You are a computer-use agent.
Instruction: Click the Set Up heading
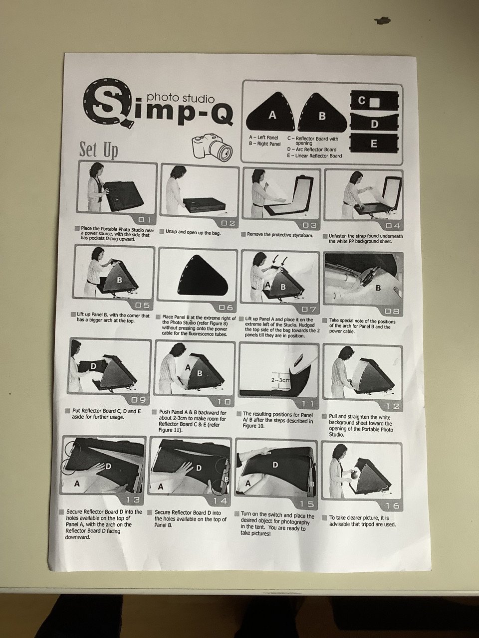pos(99,150)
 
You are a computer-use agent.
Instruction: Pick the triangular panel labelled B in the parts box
pos(322,113)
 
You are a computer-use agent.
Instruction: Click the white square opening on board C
pos(375,102)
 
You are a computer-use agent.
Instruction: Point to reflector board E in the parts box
pos(374,143)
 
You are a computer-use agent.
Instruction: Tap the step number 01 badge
pos(144,219)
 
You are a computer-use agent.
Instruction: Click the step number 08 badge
pos(392,312)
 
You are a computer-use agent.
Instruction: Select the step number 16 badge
pos(392,506)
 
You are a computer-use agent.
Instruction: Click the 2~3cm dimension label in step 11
pos(280,380)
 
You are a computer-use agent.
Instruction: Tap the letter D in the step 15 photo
pos(275,465)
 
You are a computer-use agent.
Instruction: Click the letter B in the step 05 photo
pos(119,280)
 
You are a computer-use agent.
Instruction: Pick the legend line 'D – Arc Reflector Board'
pos(312,150)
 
